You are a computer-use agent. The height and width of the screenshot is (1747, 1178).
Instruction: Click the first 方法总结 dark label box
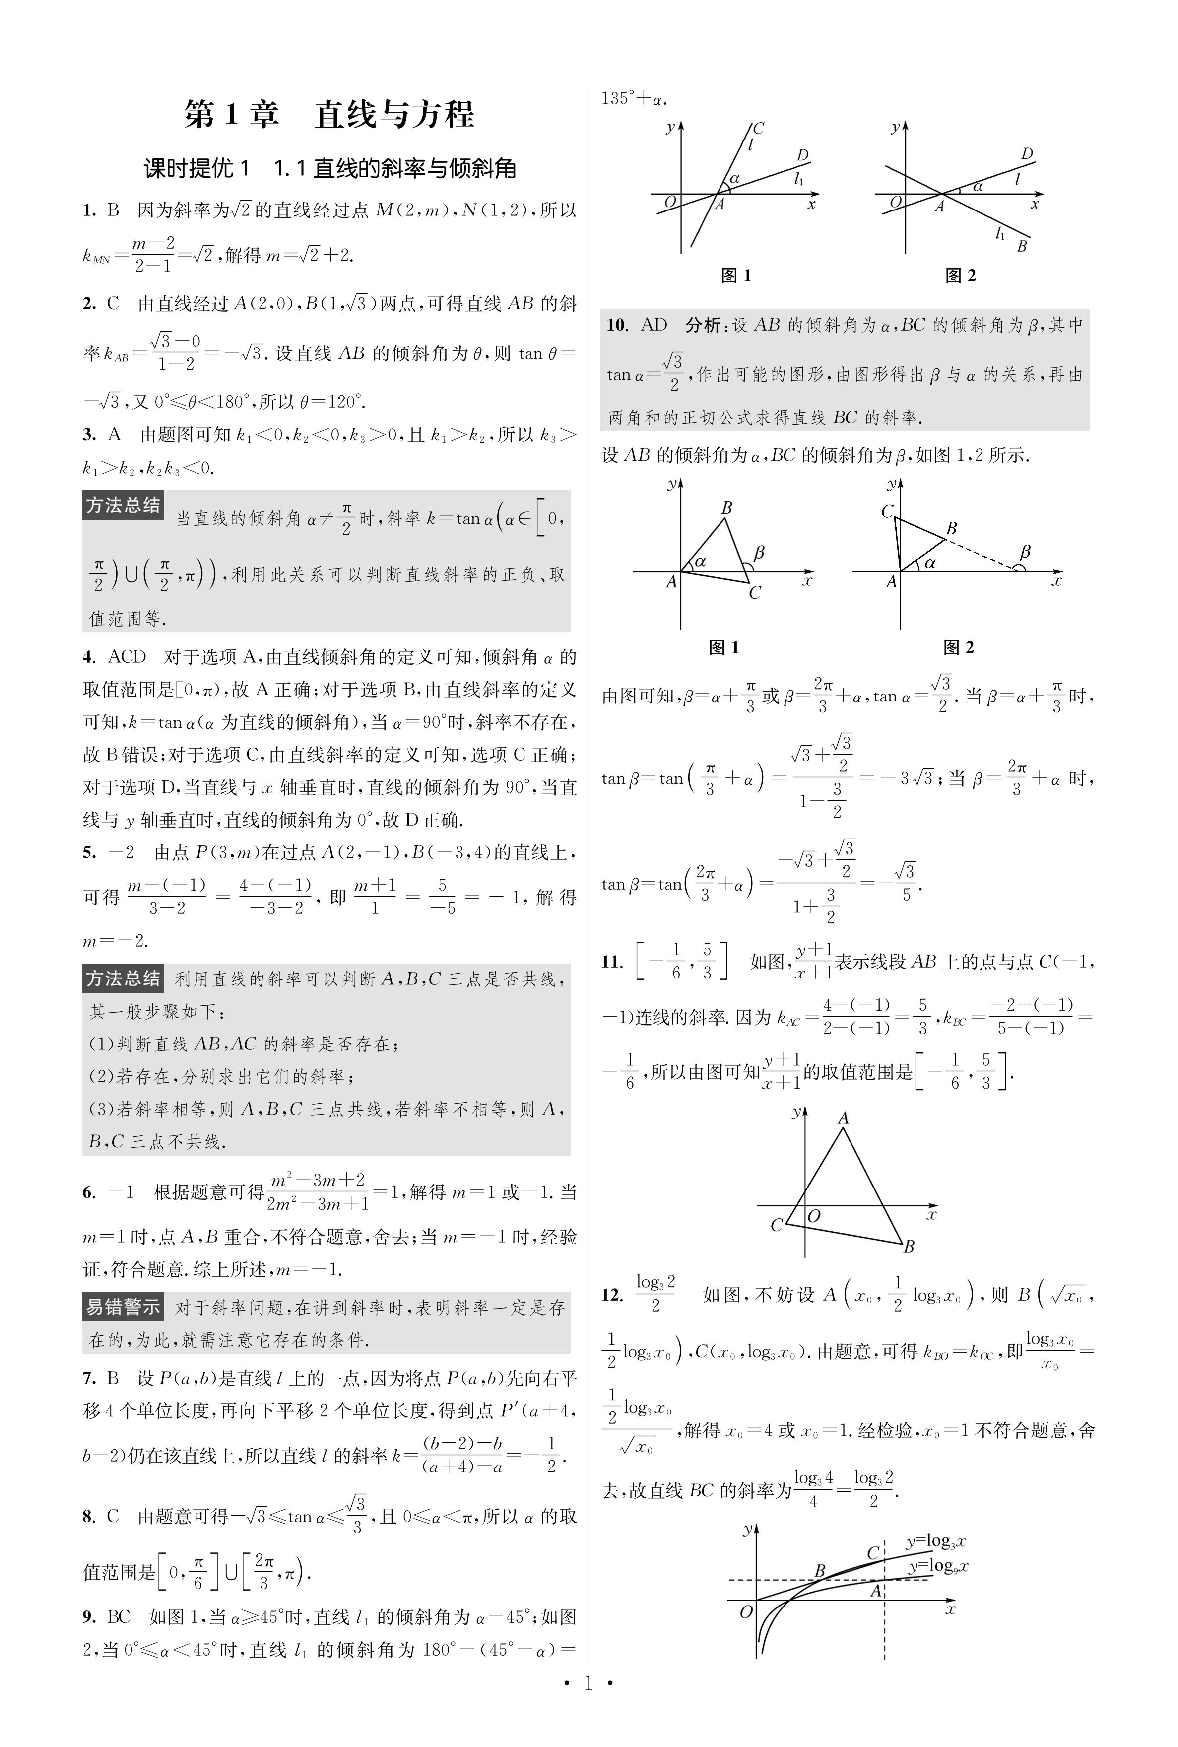(x=123, y=506)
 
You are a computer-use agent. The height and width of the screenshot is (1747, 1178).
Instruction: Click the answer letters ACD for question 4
(x=126, y=657)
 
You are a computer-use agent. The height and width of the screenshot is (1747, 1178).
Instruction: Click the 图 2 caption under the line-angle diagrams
(x=960, y=276)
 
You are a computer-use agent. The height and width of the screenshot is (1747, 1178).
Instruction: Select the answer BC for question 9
(x=119, y=1616)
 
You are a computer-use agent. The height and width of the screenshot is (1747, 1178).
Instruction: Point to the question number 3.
(x=89, y=434)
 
